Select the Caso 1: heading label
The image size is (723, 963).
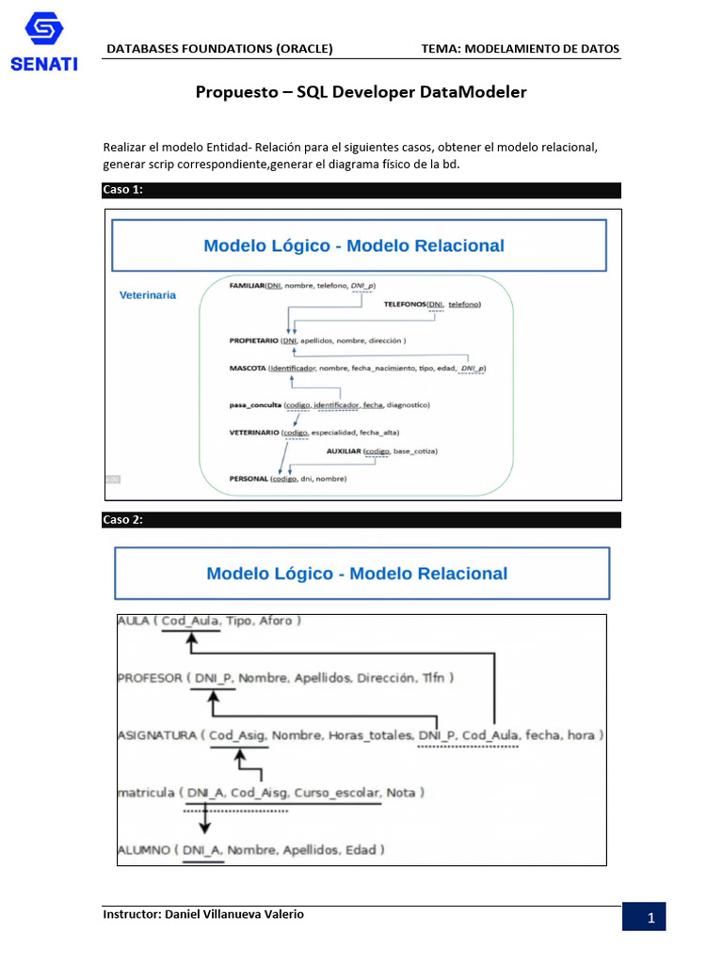pos(122,190)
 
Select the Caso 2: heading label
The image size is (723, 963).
pos(122,520)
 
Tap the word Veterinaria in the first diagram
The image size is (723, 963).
pos(147,294)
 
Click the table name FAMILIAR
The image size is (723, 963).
pos(247,284)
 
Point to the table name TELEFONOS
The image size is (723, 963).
pos(405,304)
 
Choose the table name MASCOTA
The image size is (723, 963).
pos(248,368)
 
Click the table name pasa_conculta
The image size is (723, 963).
pos(255,404)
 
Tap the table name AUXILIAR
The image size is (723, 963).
pos(345,451)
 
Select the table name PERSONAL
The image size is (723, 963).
pos(249,479)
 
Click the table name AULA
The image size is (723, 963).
pos(134,621)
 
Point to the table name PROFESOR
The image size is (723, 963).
pos(150,677)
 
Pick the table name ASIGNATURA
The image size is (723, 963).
pos(156,734)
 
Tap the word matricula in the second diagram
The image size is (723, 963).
pos(146,793)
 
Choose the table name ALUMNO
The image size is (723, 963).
pos(144,850)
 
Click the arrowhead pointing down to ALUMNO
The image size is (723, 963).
pos(204,827)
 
